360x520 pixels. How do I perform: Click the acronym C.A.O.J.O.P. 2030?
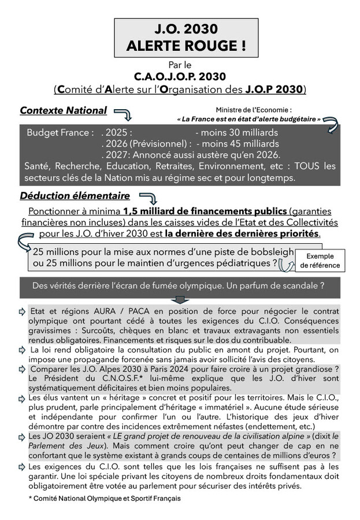[180, 76]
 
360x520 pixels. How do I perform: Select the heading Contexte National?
[64, 110]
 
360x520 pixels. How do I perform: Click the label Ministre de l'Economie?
[254, 109]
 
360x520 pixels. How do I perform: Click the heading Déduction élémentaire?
[75, 196]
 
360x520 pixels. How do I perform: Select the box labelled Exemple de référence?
[320, 261]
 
